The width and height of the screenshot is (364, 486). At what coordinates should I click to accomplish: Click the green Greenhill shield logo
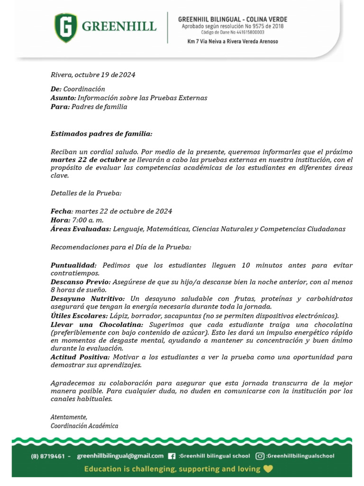(x=67, y=28)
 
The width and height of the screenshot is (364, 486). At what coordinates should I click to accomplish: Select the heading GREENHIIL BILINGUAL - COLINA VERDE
(x=232, y=19)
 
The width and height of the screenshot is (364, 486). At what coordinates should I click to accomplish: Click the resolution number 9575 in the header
(x=256, y=26)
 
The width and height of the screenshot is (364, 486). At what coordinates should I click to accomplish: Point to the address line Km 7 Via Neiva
(x=232, y=41)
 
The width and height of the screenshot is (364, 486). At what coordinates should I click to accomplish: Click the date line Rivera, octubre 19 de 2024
(x=93, y=75)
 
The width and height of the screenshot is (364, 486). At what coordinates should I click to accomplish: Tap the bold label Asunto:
(x=63, y=98)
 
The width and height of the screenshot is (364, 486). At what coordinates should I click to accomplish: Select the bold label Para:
(x=60, y=107)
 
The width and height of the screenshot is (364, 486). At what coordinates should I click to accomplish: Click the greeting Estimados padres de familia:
(x=101, y=134)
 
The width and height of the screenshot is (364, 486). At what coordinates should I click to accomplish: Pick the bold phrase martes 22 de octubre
(x=89, y=160)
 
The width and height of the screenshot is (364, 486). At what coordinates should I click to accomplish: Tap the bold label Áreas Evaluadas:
(x=81, y=229)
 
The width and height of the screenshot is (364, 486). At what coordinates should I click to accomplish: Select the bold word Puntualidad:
(x=73, y=265)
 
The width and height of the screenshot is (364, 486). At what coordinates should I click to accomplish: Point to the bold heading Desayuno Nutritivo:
(x=88, y=299)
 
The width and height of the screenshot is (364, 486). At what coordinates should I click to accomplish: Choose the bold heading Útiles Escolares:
(x=79, y=316)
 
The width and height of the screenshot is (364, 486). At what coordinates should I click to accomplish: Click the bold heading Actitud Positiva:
(x=80, y=357)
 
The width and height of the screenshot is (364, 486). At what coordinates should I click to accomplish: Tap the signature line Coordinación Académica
(x=84, y=426)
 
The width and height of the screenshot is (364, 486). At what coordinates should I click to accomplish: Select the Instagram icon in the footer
(x=260, y=456)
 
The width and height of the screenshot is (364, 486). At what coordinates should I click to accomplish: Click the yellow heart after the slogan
(x=268, y=469)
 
